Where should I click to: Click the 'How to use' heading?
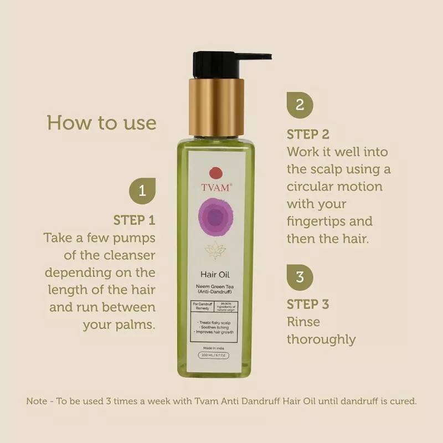pyautogui.click(x=102, y=122)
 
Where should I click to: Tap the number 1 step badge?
pyautogui.click(x=142, y=191)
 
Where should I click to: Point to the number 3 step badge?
pyautogui.click(x=300, y=276)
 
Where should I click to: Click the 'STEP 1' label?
pyautogui.click(x=135, y=220)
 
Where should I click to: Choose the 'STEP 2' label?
pyautogui.click(x=308, y=134)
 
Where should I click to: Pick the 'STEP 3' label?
pyautogui.click(x=308, y=304)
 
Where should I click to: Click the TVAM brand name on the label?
pyautogui.click(x=217, y=187)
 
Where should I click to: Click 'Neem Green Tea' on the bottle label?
pyautogui.click(x=217, y=286)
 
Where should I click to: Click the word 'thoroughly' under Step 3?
pyautogui.click(x=321, y=339)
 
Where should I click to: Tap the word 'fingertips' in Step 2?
pyautogui.click(x=317, y=221)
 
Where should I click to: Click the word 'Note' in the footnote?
pyautogui.click(x=38, y=400)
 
